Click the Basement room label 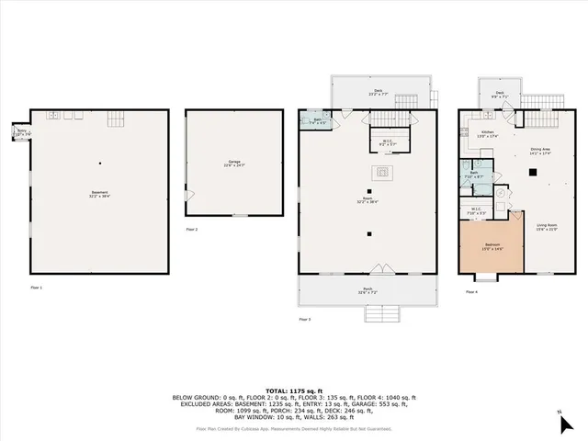100,194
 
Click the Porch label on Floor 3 367,292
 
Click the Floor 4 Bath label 478,175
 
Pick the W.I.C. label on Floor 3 388,143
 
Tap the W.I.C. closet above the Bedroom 478,210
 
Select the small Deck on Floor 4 500,93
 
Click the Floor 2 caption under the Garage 191,229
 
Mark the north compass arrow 560,413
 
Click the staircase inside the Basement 116,119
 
